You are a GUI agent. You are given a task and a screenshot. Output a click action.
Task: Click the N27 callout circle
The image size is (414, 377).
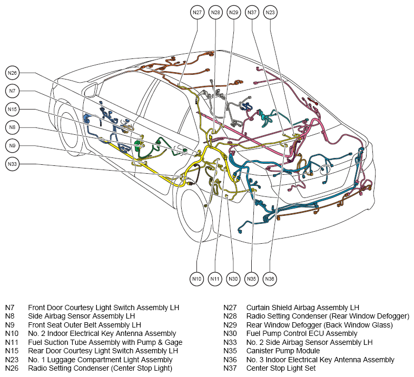pyautogui.click(x=197, y=13)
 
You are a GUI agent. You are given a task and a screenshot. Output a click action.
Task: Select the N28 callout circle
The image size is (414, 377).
pyautogui.click(x=216, y=13)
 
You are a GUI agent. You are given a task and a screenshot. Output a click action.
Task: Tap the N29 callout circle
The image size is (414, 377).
pyautogui.click(x=234, y=13)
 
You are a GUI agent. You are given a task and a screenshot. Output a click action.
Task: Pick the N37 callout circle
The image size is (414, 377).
pyautogui.click(x=252, y=13)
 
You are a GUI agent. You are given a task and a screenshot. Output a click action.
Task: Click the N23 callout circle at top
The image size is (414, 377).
pyautogui.click(x=270, y=13)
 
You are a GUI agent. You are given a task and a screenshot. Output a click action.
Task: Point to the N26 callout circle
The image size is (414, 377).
pyautogui.click(x=12, y=73)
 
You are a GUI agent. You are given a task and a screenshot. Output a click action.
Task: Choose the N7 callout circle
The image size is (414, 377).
pyautogui.click(x=12, y=91)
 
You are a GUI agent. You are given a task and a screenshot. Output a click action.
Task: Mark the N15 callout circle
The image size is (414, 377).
pyautogui.click(x=12, y=110)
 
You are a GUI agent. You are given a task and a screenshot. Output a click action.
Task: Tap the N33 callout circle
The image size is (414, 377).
pyautogui.click(x=12, y=164)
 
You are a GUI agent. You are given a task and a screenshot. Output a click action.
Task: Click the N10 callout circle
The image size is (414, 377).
pyautogui.click(x=196, y=279)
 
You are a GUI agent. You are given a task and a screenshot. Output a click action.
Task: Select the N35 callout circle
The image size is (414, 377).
pyautogui.click(x=251, y=279)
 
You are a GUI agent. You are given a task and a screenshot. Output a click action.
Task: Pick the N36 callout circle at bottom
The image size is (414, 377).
pyautogui.click(x=270, y=279)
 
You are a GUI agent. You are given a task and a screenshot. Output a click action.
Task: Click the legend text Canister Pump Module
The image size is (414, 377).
pyautogui.click(x=283, y=351)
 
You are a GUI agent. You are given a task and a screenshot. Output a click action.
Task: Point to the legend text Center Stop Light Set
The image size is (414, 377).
pyautogui.click(x=281, y=368)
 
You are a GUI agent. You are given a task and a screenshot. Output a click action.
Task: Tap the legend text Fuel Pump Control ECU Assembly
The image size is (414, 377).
pyautogui.click(x=302, y=333)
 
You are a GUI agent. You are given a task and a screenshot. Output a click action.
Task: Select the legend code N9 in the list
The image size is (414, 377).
pyautogui.click(x=10, y=325)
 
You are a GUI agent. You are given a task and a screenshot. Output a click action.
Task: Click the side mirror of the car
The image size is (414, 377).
pyautogui.click(x=90, y=90)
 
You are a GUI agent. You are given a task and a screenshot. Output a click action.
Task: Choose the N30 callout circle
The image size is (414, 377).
pyautogui.click(x=233, y=279)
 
